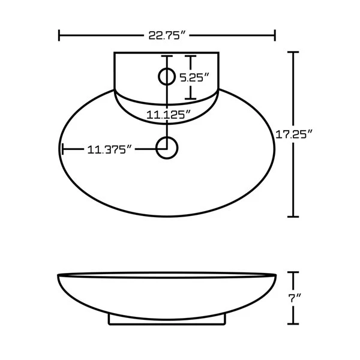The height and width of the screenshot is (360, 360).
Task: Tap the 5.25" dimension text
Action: pyautogui.click(x=194, y=77)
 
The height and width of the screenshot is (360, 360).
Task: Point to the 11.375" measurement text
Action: pyautogui.click(x=110, y=149)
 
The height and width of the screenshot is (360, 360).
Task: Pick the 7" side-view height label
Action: pyautogui.click(x=294, y=298)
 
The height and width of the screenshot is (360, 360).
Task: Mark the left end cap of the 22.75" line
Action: pyautogui.click(x=59, y=35)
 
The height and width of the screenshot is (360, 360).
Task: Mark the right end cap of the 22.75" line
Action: pyautogui.click(x=275, y=35)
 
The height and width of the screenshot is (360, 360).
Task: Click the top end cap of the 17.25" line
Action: pyautogui.click(x=293, y=53)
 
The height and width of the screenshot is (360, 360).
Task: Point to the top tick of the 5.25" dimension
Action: pyautogui.click(x=190, y=56)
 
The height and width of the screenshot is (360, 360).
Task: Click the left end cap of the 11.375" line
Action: pyautogui.click(x=62, y=149)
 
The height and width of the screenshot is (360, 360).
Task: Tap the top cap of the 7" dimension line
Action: pyautogui.click(x=293, y=273)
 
